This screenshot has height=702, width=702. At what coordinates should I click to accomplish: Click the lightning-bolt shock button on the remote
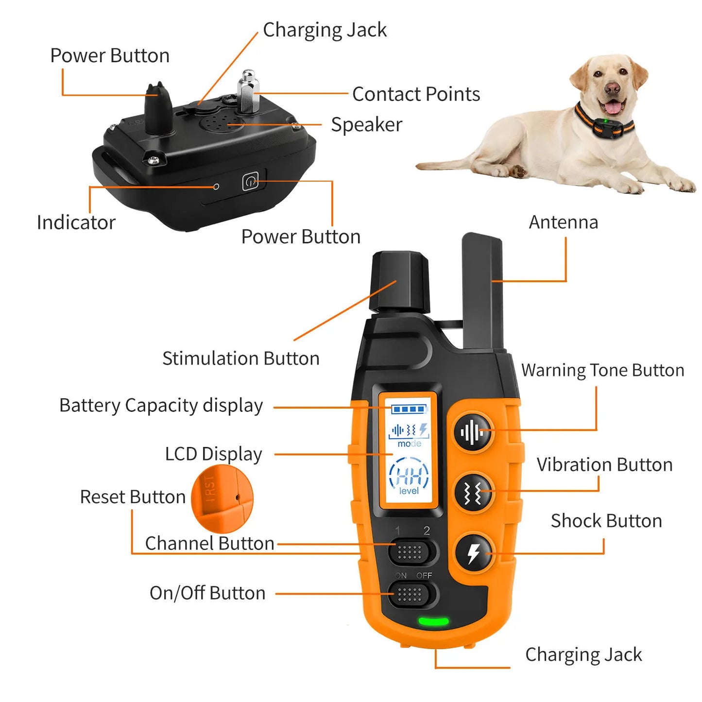coord(474,553)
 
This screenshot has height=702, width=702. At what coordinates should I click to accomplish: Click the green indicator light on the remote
coord(433,621)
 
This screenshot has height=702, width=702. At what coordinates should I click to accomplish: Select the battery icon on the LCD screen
coord(409,409)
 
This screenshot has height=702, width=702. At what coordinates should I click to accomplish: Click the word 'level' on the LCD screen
coord(409,491)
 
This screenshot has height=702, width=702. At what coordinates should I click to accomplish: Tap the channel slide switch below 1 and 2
coord(410,552)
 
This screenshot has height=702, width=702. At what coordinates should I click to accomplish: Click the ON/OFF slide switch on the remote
coord(410,594)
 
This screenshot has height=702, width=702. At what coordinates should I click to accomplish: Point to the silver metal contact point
coord(248,92)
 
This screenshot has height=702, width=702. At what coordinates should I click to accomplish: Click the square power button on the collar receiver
coord(250,182)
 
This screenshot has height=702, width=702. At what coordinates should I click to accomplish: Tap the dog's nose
coord(613,88)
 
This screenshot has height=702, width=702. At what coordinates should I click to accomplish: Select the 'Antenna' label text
coord(563,222)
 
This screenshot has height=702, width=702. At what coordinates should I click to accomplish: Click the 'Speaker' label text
coord(366,125)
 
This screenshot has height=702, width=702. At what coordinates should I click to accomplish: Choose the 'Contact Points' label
coord(416,94)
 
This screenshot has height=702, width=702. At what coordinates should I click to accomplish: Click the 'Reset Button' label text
coord(133,497)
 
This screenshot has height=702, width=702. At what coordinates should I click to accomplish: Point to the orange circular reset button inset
coord(222,499)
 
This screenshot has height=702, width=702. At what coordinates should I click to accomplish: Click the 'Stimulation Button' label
coord(240,359)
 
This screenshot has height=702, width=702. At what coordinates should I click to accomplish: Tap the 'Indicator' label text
coord(76,223)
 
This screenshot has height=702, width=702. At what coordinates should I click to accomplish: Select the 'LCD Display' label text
coord(213,454)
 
